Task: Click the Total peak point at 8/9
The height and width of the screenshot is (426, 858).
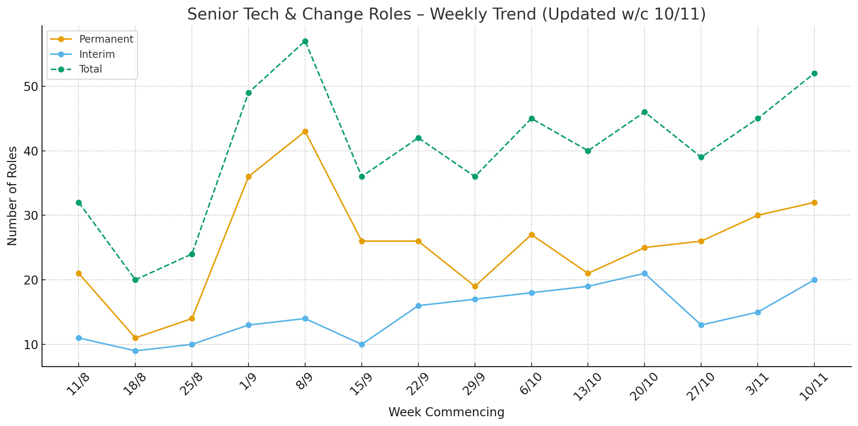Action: (x=305, y=41)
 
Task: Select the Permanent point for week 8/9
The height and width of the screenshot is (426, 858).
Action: (x=305, y=131)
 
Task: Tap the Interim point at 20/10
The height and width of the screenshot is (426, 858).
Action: (x=644, y=273)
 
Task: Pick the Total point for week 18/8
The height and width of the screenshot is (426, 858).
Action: (x=135, y=280)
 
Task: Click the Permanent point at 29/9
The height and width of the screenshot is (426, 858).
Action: (x=475, y=286)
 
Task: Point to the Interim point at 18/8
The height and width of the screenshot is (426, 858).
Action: (x=135, y=351)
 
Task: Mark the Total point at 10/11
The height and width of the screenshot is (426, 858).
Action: (x=814, y=73)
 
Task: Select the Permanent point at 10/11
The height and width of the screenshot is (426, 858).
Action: (x=814, y=203)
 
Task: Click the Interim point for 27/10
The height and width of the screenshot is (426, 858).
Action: (x=701, y=325)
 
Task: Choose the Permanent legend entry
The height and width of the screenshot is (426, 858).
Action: (x=92, y=39)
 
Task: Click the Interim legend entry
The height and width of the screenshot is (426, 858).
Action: (x=83, y=54)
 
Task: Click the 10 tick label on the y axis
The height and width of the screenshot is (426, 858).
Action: (x=31, y=345)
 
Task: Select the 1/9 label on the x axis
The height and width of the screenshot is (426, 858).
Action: (x=248, y=382)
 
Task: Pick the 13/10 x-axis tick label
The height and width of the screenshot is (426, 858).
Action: (x=587, y=387)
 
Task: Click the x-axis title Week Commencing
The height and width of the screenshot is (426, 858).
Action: (x=446, y=412)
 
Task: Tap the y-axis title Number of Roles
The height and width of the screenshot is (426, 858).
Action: (x=12, y=196)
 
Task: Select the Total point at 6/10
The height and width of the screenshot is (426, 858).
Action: (x=532, y=118)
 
